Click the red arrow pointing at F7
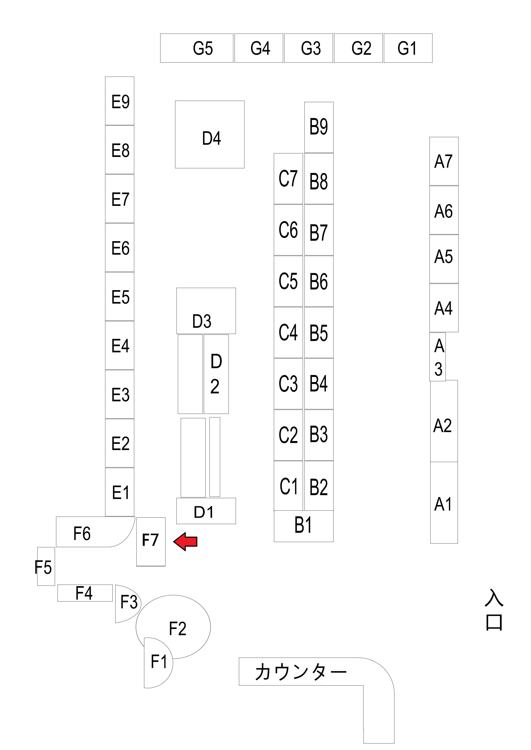185,542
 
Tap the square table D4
210,134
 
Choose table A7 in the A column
444,161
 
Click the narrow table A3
437,357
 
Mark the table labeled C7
288,179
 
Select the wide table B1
303,526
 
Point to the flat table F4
85,593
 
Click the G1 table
408,48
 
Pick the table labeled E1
120,492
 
